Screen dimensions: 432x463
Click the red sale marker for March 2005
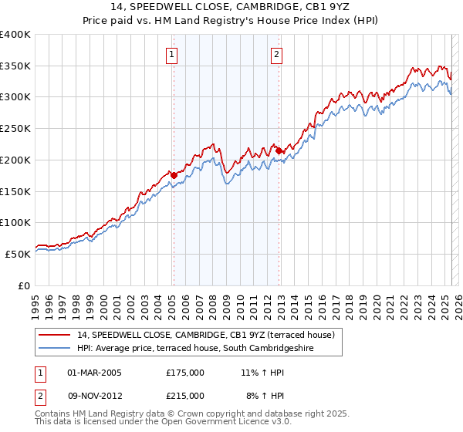[174, 175]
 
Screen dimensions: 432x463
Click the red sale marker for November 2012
[279, 150]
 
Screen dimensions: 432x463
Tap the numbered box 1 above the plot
[171, 54]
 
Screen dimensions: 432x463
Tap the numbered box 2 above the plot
[276, 54]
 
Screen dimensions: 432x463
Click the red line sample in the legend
[54, 336]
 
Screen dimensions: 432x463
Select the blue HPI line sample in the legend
[54, 349]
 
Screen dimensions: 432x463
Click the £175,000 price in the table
[185, 373]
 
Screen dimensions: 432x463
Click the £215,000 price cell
[185, 395]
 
